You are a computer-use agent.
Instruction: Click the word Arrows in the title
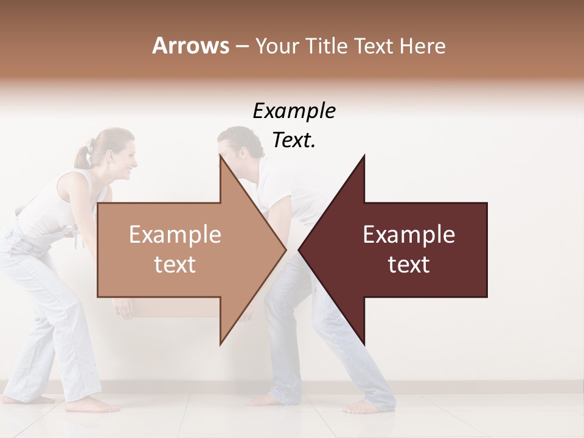click(x=190, y=46)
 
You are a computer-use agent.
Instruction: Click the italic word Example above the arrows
click(x=294, y=111)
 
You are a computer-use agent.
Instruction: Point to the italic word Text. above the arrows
click(x=294, y=141)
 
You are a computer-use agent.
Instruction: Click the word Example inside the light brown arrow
click(x=175, y=235)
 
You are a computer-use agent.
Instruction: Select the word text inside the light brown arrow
click(x=175, y=265)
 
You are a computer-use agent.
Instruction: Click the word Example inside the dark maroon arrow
click(x=409, y=235)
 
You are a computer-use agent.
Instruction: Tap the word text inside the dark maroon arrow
click(x=409, y=265)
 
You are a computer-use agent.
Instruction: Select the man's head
click(x=237, y=149)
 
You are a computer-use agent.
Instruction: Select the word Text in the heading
click(x=374, y=46)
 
